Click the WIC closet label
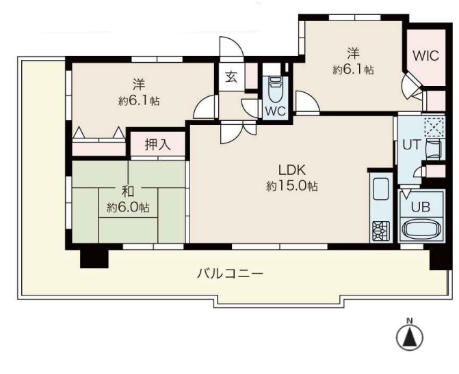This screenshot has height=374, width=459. tap(426, 55)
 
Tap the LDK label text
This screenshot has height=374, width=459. tap(292, 170)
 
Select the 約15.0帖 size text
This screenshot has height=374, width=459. tap(292, 186)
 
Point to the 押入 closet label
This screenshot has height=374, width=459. tap(158, 144)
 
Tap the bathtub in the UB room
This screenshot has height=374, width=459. tap(421, 229)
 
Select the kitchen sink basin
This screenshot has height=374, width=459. tap(381, 189)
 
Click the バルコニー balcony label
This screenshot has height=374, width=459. tap(230, 274)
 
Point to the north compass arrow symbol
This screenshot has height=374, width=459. tap(410, 337)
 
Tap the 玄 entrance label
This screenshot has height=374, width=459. tap(231, 77)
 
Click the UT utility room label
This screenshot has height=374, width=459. tap(412, 145)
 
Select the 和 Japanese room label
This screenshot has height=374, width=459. tap(128, 192)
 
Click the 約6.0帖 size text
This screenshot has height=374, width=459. tap(128, 207)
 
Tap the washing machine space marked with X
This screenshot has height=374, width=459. tap(434, 127)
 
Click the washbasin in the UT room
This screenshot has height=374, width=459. tap(434, 149)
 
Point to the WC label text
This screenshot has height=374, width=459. tap(275, 111)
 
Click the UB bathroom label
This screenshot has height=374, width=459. tap(421, 207)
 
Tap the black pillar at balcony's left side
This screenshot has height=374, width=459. tap(94, 259)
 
